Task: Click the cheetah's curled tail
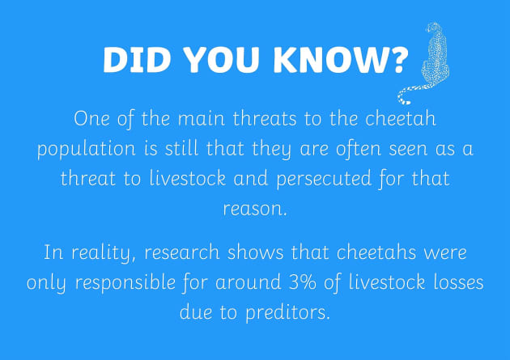tap(410, 92)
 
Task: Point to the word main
tap(185, 121)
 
